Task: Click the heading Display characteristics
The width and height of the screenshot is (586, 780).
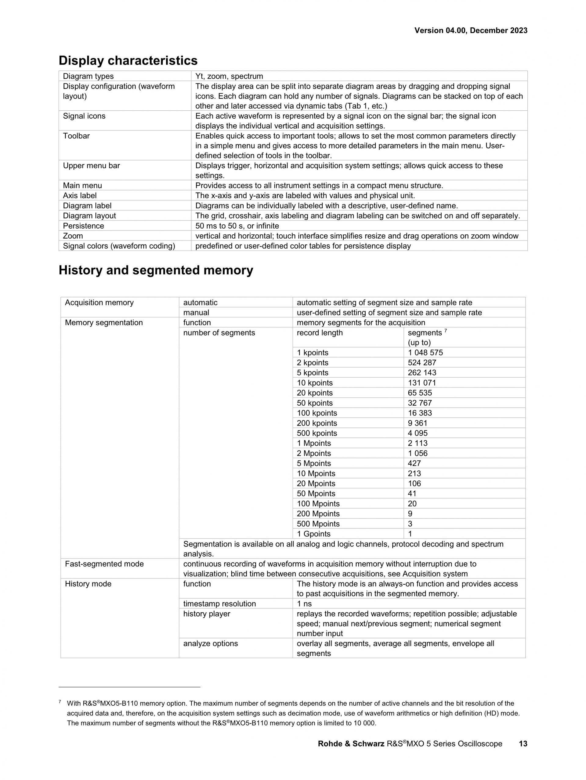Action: (128, 61)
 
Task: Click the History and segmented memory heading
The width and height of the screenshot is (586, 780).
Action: (156, 270)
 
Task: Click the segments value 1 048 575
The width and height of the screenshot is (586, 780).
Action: (425, 352)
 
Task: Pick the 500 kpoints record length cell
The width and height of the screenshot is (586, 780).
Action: (317, 433)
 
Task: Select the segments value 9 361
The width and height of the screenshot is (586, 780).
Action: (417, 423)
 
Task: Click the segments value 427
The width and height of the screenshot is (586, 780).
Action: (414, 463)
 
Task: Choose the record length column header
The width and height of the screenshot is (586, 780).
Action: (320, 333)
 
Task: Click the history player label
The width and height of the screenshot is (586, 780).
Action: (207, 614)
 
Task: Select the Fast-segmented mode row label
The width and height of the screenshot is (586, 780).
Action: (104, 564)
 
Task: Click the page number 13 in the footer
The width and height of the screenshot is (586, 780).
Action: (523, 744)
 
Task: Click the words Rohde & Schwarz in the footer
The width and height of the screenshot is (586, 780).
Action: (351, 744)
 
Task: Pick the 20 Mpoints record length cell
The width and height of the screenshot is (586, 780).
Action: (316, 483)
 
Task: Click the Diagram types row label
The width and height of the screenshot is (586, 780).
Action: (88, 76)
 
